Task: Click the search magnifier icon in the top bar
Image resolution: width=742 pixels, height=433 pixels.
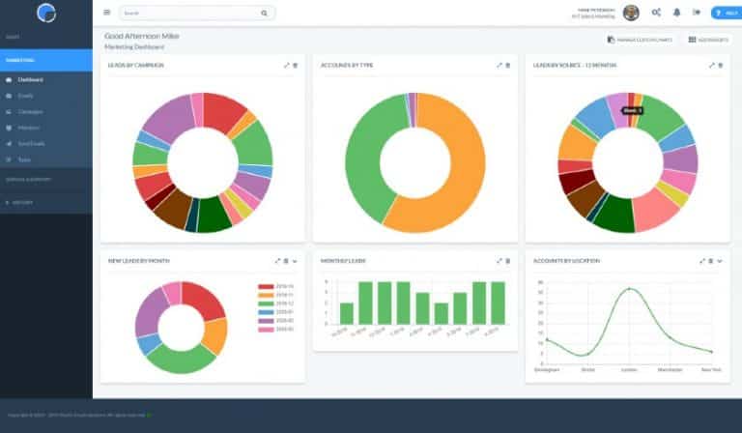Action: [x=264, y=14]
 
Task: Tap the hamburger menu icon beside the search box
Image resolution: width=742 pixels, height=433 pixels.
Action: [x=106, y=13]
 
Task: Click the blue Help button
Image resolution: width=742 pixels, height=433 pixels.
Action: [x=726, y=13]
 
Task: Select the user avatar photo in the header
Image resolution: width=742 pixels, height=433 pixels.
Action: [x=631, y=13]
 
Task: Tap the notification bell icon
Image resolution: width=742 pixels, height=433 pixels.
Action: [x=676, y=13]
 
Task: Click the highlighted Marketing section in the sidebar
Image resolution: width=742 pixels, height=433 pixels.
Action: [x=45, y=59]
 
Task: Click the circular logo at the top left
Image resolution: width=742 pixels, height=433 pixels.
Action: [x=46, y=13]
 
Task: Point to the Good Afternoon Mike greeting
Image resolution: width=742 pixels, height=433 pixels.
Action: [x=141, y=36]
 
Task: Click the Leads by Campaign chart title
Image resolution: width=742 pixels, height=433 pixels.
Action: [x=135, y=66]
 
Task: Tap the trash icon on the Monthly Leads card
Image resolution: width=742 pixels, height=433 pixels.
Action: [x=508, y=261]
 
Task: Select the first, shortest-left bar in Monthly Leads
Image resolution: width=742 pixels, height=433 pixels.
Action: [x=347, y=313]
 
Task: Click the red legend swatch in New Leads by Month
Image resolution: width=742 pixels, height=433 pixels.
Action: [x=266, y=287]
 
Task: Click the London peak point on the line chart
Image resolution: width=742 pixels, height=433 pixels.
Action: [x=630, y=289]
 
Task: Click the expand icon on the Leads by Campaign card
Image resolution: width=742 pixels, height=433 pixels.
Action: [x=286, y=66]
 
